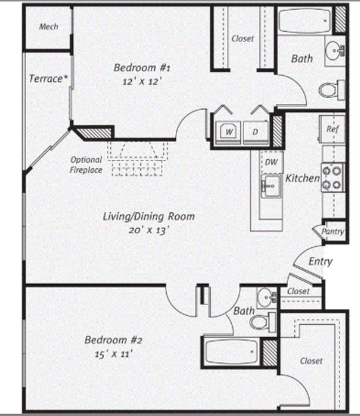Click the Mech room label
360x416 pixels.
(48, 27)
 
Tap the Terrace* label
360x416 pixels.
(48, 78)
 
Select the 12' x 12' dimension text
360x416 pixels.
(142, 82)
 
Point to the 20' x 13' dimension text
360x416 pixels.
(149, 230)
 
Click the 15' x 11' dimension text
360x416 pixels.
(113, 354)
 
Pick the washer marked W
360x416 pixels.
(228, 132)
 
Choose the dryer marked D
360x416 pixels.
(256, 132)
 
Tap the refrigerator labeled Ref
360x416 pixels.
(332, 130)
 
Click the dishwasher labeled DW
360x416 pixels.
(271, 162)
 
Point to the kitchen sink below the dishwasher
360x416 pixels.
(271, 186)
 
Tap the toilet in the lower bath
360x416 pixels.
(263, 322)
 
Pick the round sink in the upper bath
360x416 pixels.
(335, 50)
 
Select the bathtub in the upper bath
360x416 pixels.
(304, 21)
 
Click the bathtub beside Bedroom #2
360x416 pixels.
(231, 352)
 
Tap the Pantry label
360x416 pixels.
(333, 231)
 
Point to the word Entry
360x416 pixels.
(320, 262)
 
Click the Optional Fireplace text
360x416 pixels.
(86, 165)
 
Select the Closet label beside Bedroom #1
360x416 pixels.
(243, 39)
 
